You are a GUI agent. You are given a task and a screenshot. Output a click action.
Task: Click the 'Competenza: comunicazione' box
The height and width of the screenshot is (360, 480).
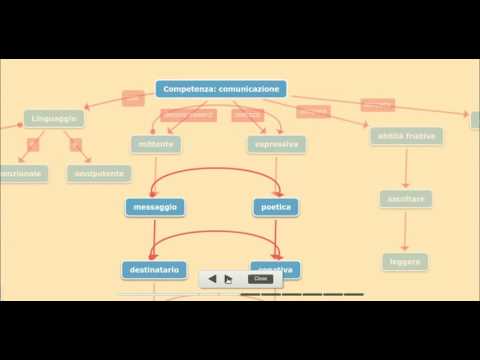221,89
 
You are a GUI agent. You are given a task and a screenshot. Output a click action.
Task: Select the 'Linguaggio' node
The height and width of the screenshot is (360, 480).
54,118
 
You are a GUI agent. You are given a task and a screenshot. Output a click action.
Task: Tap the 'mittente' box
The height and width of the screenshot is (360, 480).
156,144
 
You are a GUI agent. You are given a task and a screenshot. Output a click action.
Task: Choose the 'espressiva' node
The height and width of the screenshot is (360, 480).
276,144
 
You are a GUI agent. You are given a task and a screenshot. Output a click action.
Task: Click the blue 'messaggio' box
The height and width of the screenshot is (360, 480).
155,207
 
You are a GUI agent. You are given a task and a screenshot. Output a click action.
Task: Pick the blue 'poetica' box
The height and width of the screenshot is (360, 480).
276,207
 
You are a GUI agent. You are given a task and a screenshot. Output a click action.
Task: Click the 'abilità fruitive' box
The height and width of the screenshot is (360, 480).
405,135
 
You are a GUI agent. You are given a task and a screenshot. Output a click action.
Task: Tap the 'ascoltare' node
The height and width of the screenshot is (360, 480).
405,199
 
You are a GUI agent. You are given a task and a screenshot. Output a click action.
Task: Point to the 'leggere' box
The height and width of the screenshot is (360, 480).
405,262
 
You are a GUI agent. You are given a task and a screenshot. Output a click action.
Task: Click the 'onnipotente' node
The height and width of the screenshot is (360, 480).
99,173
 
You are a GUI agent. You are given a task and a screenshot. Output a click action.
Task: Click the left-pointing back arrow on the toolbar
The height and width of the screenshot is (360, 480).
212,279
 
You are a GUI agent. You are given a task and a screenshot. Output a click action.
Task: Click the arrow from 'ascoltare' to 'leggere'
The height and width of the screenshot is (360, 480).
405,231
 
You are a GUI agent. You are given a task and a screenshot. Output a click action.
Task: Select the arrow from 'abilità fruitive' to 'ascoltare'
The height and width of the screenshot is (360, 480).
405,167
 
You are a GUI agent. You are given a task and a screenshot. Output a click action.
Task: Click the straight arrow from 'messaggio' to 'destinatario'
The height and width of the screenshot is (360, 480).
152,238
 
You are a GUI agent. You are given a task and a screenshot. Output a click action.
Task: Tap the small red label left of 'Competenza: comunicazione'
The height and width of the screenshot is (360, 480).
133,98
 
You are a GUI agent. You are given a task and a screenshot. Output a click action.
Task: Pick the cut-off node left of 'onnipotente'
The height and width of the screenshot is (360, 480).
20,173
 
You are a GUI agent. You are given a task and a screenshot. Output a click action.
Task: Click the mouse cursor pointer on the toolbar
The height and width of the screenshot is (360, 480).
229,280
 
